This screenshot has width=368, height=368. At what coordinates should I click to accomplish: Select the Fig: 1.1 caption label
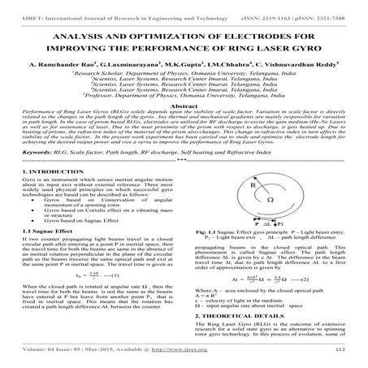pos(202,254)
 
